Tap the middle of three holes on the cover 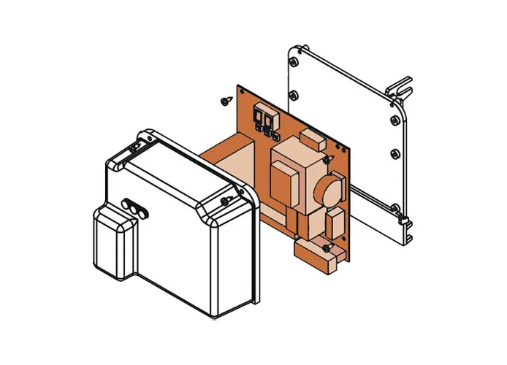pyautogui.click(x=133, y=207)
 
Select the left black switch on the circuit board pyautogui.click(x=258, y=116)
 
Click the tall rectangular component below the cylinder pyautogui.click(x=337, y=223)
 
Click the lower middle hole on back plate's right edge pyautogui.click(x=394, y=153)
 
